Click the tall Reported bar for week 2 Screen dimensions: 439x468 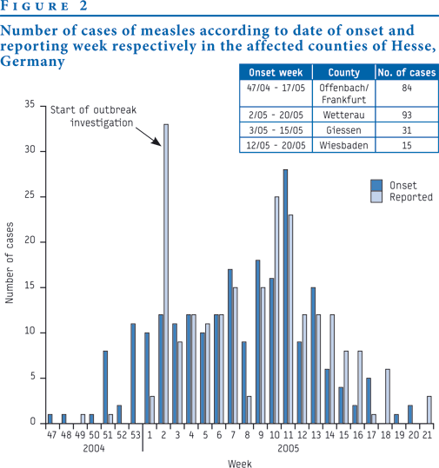coord(166,274)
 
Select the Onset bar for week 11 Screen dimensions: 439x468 coord(285,297)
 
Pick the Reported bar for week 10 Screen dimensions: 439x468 coord(276,310)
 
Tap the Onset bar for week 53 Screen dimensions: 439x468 coord(133,373)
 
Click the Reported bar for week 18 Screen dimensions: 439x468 coord(388,396)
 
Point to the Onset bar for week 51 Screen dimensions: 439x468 coord(105,387)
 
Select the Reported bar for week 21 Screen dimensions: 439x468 coord(429,410)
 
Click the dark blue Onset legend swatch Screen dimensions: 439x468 coord(376,185)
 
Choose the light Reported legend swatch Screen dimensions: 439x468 coord(376,197)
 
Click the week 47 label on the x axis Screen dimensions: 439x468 coord(51,435)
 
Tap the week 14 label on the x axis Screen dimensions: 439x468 coord(329,435)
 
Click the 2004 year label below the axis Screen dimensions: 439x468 coord(94,449)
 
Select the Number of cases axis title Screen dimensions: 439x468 coord(10,262)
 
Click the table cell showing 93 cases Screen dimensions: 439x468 coord(407,115)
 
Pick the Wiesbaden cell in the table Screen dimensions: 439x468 coord(343,145)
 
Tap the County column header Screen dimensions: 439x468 coord(344,73)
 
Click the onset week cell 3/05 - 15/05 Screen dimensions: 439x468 coord(276,130)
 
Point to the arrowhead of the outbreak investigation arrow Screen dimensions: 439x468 coord(157,142)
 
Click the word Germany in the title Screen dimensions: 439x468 coord(32,62)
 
